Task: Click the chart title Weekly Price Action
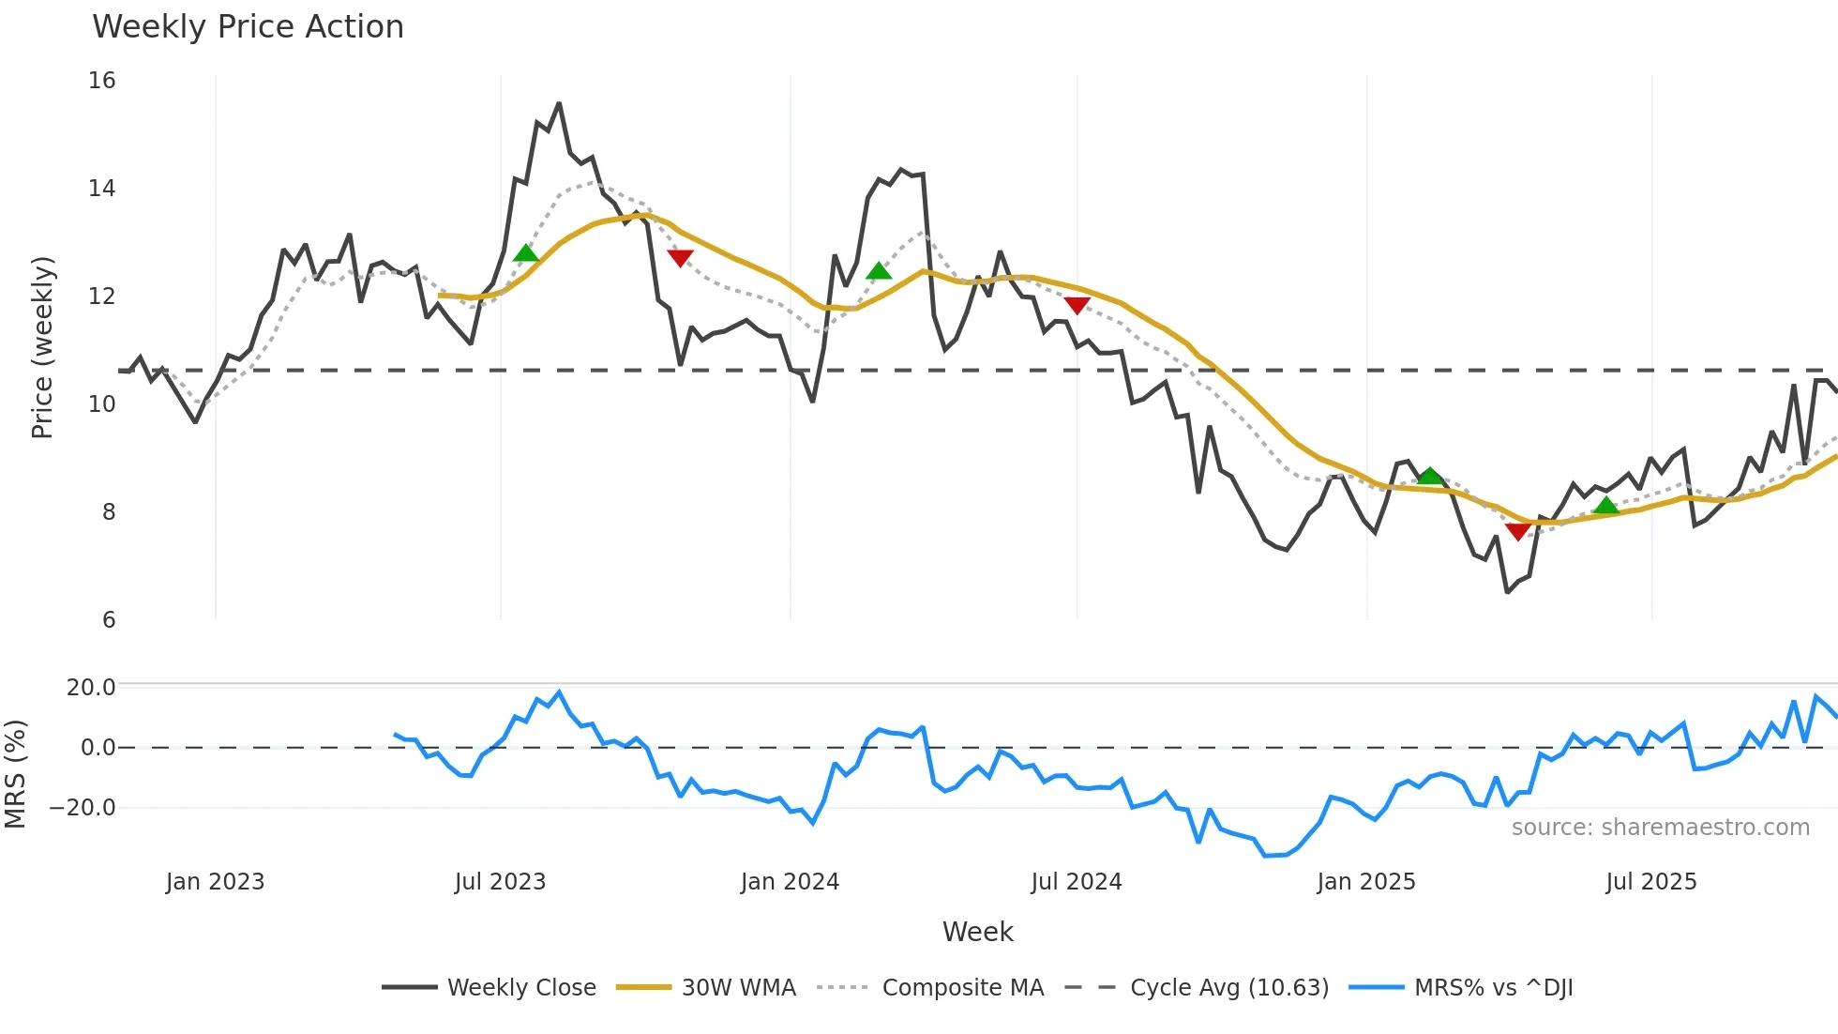point(248,27)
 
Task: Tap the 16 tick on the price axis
point(102,81)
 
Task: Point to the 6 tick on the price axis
point(109,620)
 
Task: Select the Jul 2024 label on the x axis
point(1076,882)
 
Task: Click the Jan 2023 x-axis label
point(215,882)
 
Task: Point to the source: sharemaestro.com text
point(1660,828)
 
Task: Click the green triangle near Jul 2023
point(526,253)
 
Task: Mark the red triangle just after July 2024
point(1077,305)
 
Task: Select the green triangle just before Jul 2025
point(1606,507)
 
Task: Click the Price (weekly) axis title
point(43,347)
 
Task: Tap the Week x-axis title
point(977,932)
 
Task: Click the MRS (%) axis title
point(15,774)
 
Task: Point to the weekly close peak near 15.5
point(559,103)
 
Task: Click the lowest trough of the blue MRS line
point(1265,856)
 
